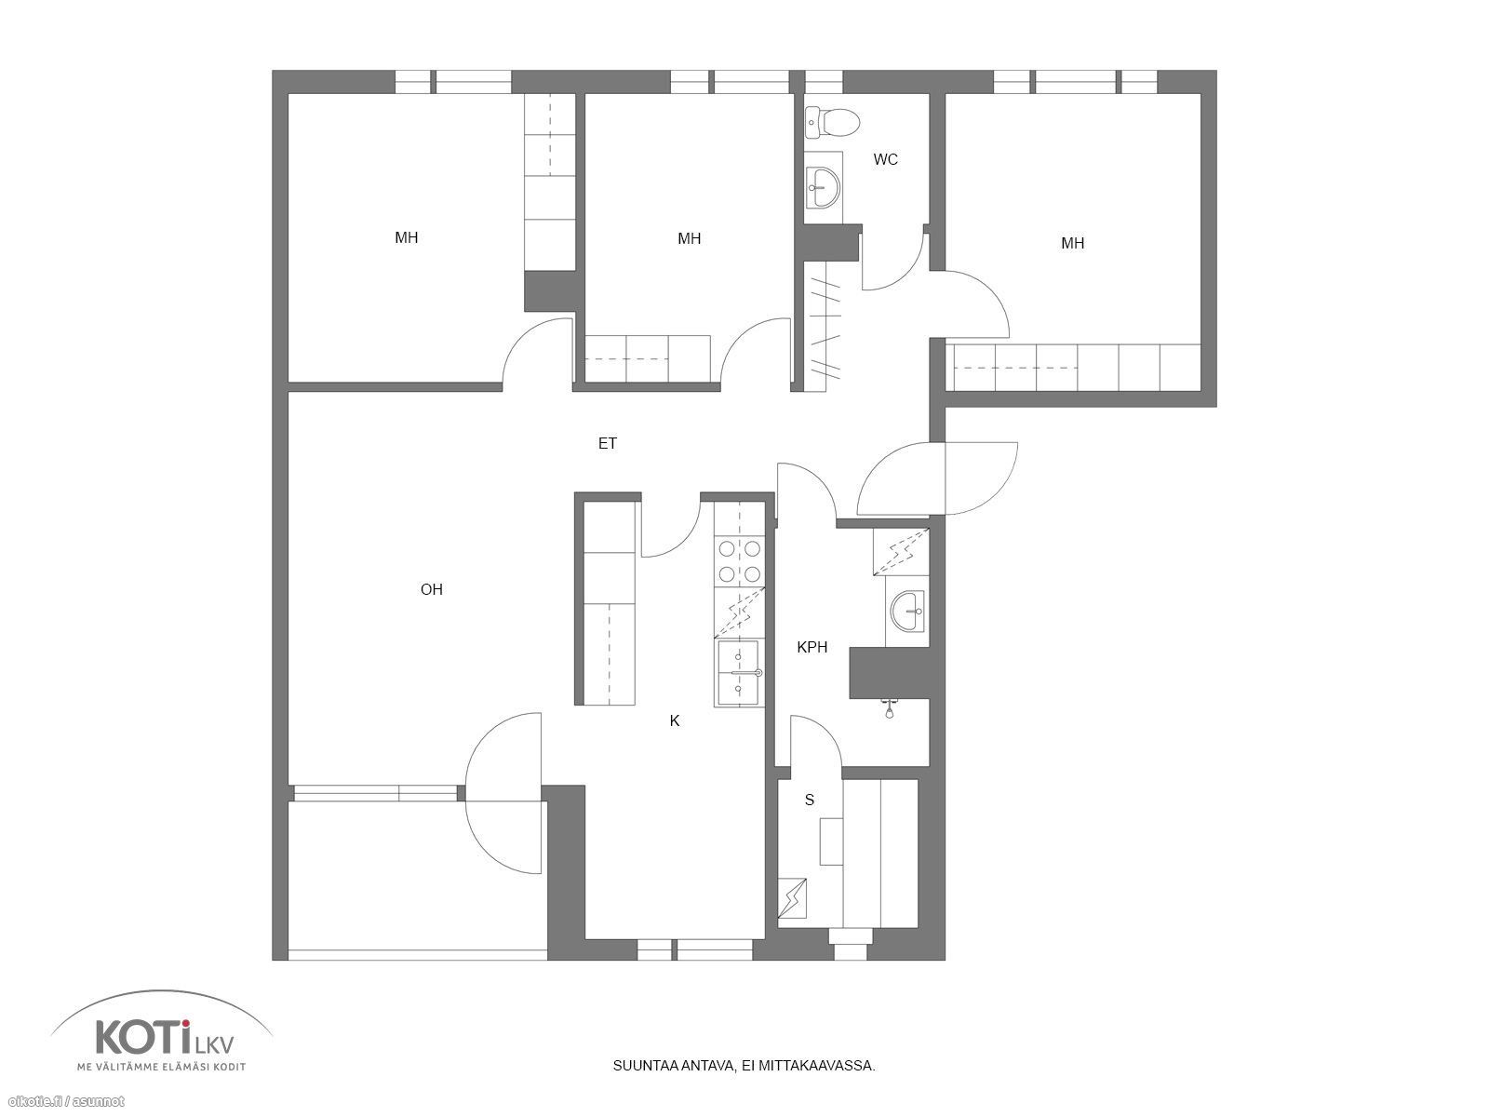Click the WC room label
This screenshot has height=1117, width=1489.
pos(885,159)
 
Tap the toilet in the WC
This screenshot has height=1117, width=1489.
pos(833,122)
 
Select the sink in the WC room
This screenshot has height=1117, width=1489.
pos(824,186)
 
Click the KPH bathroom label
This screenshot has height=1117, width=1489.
pos(812,647)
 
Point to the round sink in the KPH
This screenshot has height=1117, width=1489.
pos(907,610)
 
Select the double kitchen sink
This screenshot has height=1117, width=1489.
pos(739,672)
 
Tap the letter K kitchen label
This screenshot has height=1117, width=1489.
pos(675,720)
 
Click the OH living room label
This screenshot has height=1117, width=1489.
pos(432,589)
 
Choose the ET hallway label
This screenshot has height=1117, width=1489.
pos(607,444)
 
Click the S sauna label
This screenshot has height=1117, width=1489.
pos(810,801)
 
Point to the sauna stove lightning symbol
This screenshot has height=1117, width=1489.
pos(792,898)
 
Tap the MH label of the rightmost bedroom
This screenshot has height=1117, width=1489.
pos(1072,243)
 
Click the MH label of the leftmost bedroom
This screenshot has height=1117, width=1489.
pos(407,237)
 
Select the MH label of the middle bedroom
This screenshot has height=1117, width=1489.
pos(690,238)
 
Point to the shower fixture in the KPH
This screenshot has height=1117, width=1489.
pos(890,708)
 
